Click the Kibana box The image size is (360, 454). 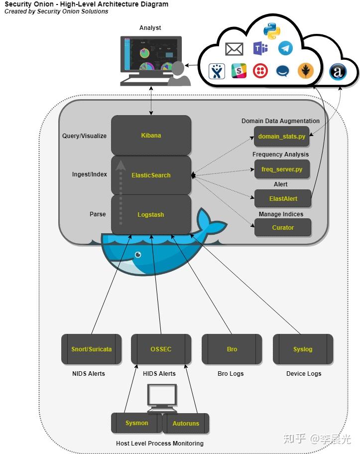click(x=151, y=135)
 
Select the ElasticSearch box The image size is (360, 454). click(x=151, y=175)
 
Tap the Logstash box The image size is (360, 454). click(x=151, y=215)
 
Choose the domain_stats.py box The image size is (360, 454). click(x=281, y=136)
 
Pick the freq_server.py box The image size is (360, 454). click(x=282, y=169)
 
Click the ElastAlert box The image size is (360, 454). click(x=283, y=199)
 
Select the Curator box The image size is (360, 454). click(x=283, y=228)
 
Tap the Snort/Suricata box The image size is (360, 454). click(x=92, y=349)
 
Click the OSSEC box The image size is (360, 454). click(x=161, y=349)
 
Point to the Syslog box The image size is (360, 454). click(x=303, y=349)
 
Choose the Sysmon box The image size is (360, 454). click(x=136, y=423)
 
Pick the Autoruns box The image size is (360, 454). click(x=186, y=423)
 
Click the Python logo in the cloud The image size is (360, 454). click(x=272, y=31)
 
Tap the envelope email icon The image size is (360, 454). click(x=234, y=49)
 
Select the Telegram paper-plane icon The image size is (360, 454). click(x=285, y=48)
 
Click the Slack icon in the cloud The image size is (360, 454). click(x=239, y=71)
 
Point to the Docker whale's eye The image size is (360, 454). click(x=138, y=255)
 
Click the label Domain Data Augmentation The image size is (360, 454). click(x=280, y=121)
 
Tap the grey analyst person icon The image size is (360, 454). click(x=179, y=74)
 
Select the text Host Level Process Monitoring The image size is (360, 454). click(x=160, y=444)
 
